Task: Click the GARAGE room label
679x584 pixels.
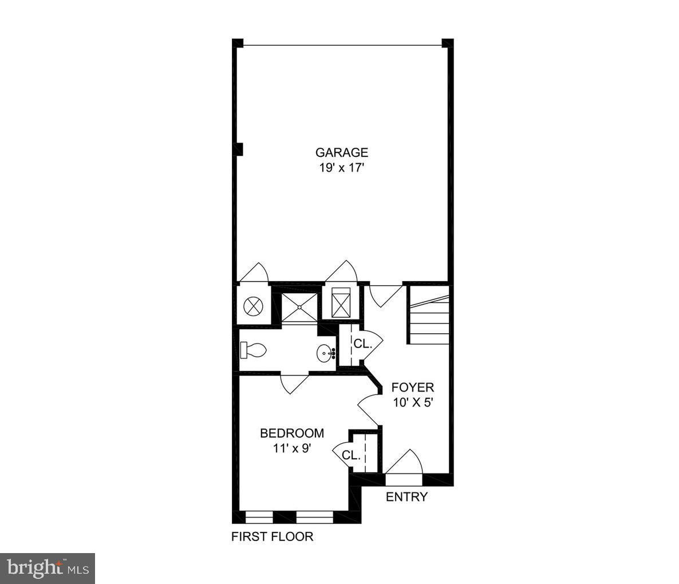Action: (341, 153)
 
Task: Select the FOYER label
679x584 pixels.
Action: (412, 388)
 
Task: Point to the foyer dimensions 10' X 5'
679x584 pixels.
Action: (412, 402)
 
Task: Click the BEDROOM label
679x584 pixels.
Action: (292, 433)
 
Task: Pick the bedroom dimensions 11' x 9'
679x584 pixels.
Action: (292, 448)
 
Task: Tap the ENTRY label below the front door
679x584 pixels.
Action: (406, 497)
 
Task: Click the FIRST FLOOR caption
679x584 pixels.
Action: (272, 537)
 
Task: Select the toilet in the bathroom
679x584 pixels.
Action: (253, 350)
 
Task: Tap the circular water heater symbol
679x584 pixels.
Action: (253, 306)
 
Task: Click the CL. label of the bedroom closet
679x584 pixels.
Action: (350, 456)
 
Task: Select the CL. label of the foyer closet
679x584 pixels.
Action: (362, 344)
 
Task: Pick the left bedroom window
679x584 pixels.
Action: (259, 516)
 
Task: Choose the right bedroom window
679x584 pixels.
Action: (314, 516)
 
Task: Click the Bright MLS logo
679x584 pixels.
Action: (47, 569)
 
